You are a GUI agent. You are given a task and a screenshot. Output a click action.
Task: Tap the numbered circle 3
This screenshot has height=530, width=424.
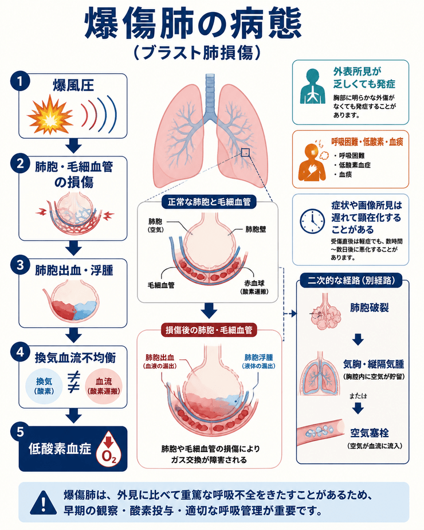(x=20, y=265)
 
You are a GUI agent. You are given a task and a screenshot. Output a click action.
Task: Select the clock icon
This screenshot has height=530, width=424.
(x=312, y=221)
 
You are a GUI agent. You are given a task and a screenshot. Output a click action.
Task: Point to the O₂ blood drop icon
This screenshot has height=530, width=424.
(x=109, y=448)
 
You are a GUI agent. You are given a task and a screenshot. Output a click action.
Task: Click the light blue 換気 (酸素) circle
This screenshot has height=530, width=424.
(x=44, y=386)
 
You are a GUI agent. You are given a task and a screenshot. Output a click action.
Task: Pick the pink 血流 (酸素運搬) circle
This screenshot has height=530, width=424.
(x=104, y=386)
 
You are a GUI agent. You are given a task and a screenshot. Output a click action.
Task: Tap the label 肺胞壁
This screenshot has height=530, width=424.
(x=256, y=230)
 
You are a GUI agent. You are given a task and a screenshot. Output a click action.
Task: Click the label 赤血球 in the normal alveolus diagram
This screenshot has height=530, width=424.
(x=254, y=283)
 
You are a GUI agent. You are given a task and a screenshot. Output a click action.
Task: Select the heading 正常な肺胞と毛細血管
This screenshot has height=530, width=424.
(x=209, y=202)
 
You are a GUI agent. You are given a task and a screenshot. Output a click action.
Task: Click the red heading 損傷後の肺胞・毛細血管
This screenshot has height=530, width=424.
(x=209, y=330)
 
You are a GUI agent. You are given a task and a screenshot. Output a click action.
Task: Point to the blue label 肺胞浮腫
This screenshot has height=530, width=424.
(x=258, y=358)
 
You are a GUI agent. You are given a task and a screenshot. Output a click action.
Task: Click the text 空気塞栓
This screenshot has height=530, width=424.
(x=369, y=433)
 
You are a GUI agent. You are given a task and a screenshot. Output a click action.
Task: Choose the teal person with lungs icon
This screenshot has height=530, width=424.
(x=312, y=86)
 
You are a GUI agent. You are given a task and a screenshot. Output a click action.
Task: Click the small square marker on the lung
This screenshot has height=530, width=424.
(x=245, y=152)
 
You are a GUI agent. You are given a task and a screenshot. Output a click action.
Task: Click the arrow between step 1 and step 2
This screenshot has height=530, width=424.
(x=73, y=146)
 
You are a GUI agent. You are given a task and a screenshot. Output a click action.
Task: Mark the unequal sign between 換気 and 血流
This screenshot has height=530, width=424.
(x=74, y=382)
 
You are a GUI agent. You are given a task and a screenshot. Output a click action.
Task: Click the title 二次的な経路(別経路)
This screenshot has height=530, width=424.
(x=351, y=281)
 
